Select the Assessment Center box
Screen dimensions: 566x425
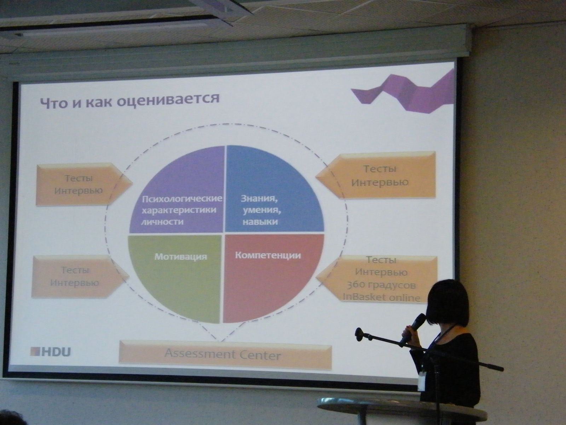(x=225, y=355)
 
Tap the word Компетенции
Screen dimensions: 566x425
(x=268, y=255)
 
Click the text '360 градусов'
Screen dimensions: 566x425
(x=381, y=285)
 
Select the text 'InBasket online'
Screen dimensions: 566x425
(x=382, y=297)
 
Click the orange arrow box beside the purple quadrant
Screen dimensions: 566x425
(x=84, y=184)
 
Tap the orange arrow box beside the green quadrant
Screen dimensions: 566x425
(x=80, y=277)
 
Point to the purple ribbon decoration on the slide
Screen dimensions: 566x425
(x=402, y=92)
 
